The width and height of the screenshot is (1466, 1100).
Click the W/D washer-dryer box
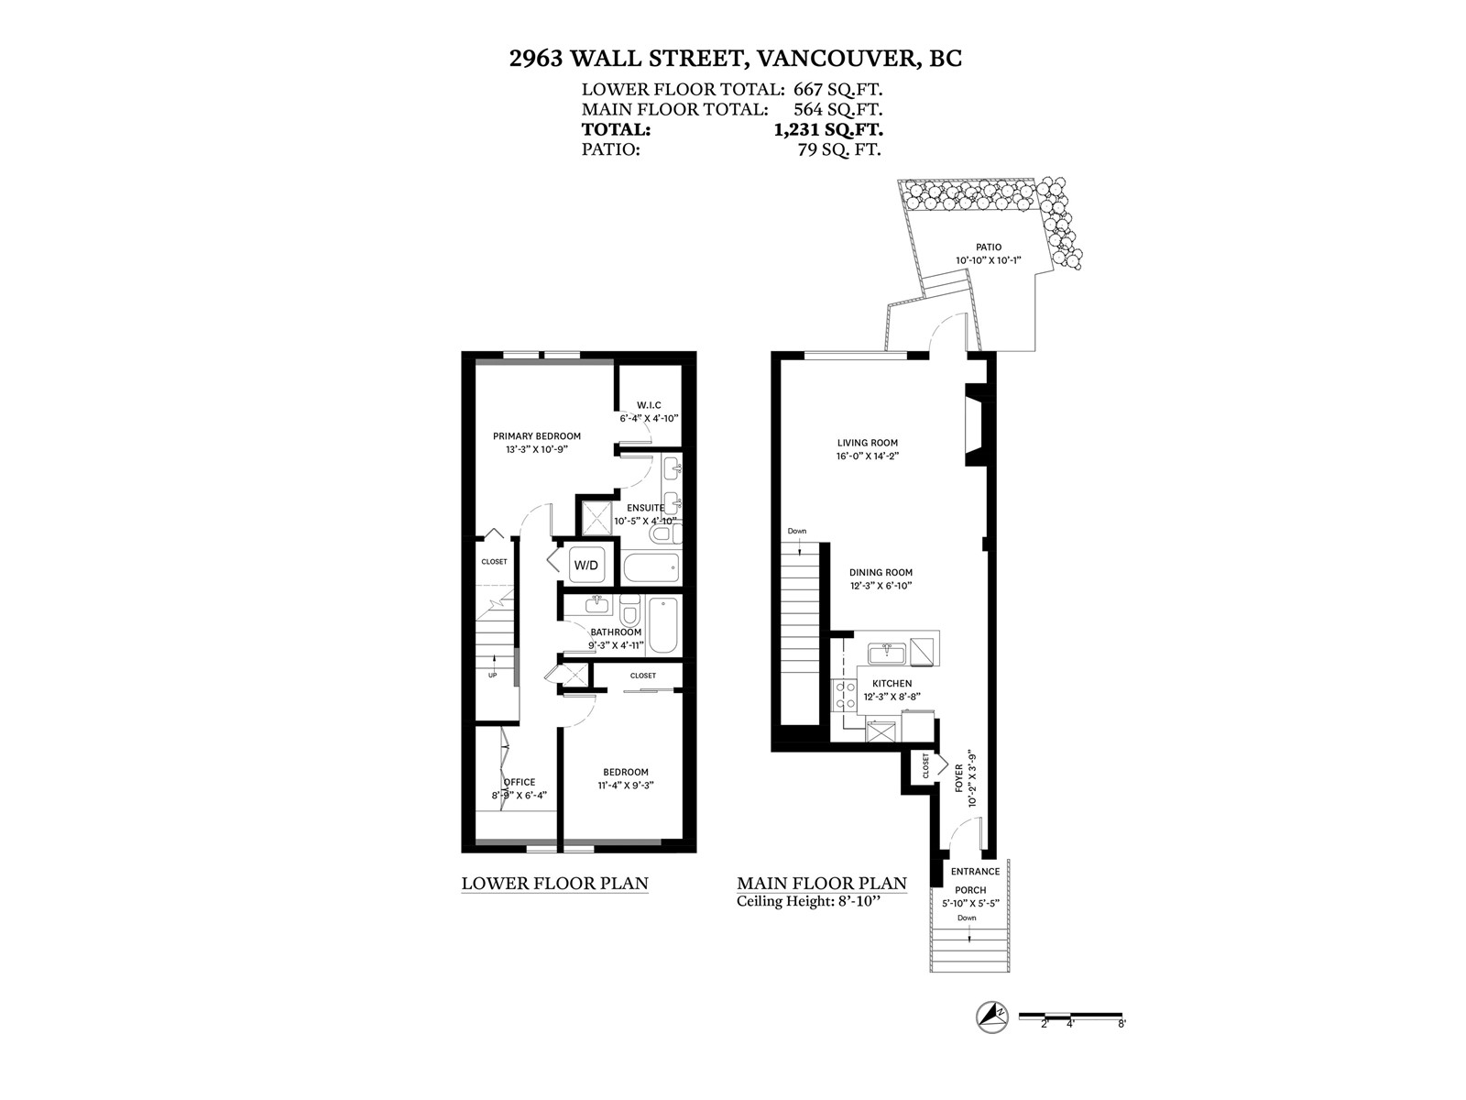click(x=585, y=565)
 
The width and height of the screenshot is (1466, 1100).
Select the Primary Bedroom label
click(x=537, y=436)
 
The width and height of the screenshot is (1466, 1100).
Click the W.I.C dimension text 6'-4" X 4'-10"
click(x=650, y=419)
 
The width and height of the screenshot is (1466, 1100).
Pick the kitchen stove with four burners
click(x=844, y=695)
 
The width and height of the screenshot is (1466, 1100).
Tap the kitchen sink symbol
click(x=887, y=653)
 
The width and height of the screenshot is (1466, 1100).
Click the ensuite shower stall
click(x=596, y=518)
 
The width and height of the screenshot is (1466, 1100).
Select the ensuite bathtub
click(x=651, y=567)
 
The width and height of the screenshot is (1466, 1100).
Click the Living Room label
click(x=868, y=443)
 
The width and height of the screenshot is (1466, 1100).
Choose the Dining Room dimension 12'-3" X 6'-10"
click(x=881, y=586)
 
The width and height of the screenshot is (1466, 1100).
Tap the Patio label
click(x=989, y=247)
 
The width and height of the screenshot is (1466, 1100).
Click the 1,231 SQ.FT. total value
click(x=828, y=129)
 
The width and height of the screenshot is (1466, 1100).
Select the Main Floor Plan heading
click(x=822, y=883)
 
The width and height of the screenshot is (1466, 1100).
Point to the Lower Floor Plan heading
click(x=555, y=883)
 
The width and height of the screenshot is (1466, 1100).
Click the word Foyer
click(x=959, y=778)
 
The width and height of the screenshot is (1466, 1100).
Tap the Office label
click(x=520, y=782)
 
